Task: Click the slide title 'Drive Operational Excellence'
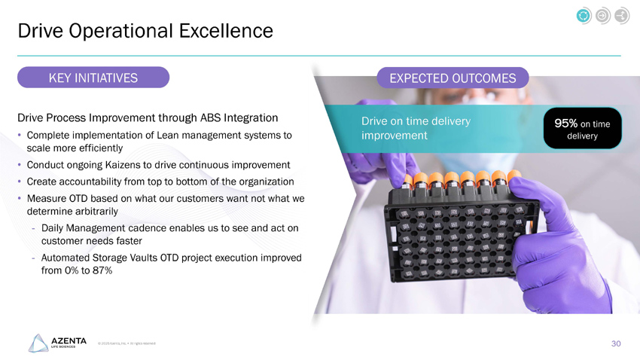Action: [x=145, y=31]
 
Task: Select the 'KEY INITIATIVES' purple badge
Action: [x=93, y=78]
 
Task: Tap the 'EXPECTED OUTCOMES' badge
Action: [x=453, y=78]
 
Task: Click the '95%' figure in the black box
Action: [x=565, y=123]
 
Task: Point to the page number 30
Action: [x=615, y=343]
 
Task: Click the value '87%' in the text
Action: [x=100, y=270]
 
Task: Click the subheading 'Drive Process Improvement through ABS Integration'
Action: [x=148, y=118]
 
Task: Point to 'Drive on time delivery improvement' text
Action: [x=416, y=128]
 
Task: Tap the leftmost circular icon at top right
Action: [x=582, y=15]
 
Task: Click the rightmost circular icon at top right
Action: [x=621, y=15]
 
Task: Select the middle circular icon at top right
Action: [x=602, y=15]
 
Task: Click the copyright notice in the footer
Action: [x=126, y=344]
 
